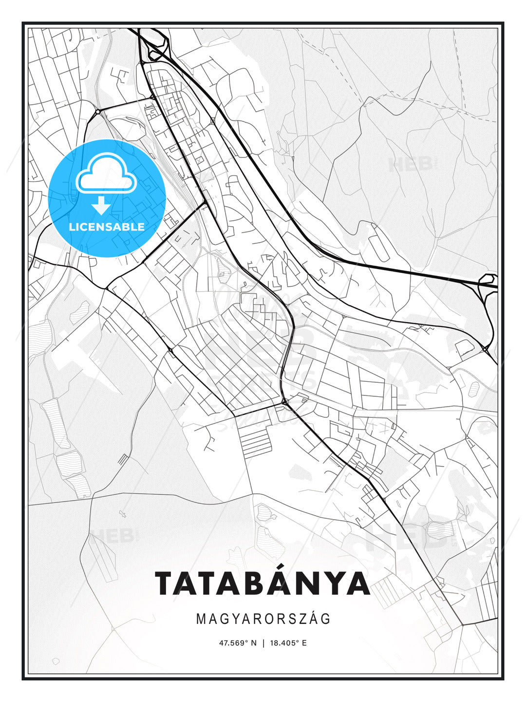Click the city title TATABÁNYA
[263, 583]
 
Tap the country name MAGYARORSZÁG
[263, 619]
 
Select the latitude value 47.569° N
[238, 643]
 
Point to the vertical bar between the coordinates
[263, 643]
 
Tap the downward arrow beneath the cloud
[101, 206]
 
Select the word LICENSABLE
[107, 227]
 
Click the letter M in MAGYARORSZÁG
[201, 619]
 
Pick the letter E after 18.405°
[304, 643]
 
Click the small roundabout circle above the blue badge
[98, 112]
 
